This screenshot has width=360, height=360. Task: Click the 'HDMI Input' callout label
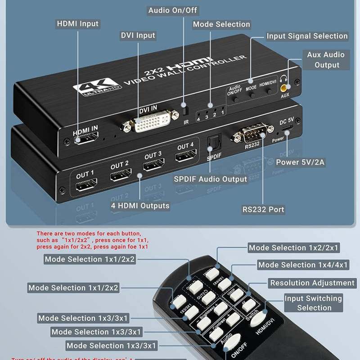77,24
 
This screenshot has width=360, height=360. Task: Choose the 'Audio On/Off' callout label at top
173,10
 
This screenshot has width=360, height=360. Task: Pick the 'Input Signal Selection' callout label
307,36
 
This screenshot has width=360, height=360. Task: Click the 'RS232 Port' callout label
263,209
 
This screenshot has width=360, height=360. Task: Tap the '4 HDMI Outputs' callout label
140,206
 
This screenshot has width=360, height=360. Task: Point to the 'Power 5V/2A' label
300,162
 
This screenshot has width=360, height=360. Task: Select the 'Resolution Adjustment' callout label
312,283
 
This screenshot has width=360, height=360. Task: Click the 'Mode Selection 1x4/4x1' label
303,265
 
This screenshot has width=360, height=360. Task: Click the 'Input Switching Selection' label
314,303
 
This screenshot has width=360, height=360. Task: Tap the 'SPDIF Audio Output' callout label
210,179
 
